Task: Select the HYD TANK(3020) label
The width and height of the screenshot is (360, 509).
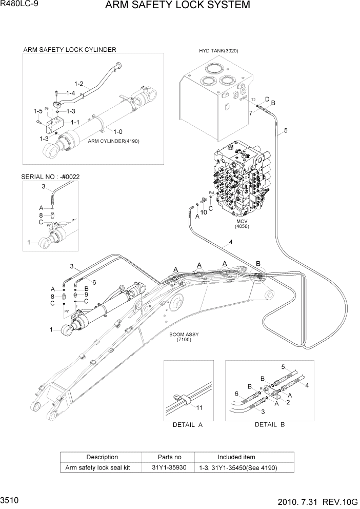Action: tap(218, 51)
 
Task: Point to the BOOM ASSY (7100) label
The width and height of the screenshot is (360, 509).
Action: tap(184, 337)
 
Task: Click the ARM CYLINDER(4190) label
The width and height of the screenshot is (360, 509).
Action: tap(113, 141)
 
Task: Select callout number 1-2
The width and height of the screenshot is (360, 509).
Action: tap(79, 83)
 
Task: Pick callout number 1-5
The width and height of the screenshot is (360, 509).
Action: tap(38, 111)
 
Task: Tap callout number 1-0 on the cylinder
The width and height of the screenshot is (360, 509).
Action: tap(117, 131)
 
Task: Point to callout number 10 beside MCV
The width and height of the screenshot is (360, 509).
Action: tap(203, 212)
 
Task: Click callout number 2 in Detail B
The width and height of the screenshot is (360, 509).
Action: tap(288, 403)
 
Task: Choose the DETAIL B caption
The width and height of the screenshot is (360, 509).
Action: tap(270, 425)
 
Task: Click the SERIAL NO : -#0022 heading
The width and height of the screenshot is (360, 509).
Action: tap(50, 177)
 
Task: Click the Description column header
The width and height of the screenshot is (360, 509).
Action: tap(102, 457)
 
